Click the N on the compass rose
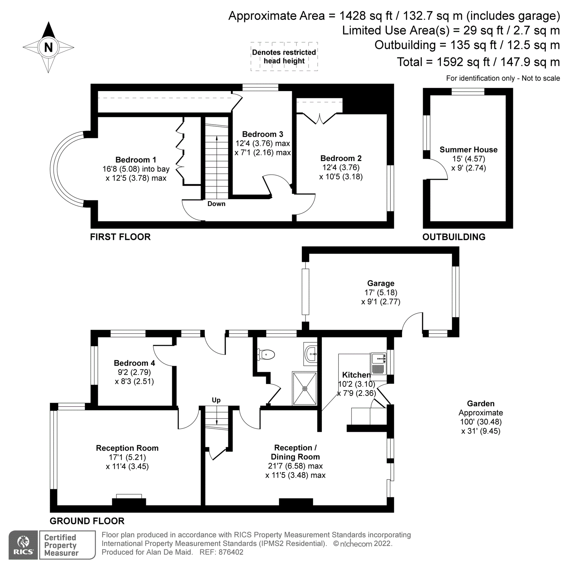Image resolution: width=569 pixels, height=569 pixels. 48,47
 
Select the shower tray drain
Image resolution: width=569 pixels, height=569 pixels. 305,389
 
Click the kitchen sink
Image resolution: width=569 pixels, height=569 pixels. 378,359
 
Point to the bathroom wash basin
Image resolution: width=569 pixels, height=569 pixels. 311,353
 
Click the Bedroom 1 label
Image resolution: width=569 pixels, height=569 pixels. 136,160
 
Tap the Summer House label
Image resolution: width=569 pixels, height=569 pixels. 468,150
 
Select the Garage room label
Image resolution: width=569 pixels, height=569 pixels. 381,283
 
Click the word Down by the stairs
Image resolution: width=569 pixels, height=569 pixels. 216,204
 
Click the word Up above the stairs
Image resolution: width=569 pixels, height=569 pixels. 216,400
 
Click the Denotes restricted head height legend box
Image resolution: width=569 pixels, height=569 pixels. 284,57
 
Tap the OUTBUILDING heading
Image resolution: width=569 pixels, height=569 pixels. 454,237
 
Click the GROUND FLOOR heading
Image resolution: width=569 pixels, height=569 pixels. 87,521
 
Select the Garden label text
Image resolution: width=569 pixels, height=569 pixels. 480,404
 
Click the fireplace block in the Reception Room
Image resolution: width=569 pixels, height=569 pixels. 129,502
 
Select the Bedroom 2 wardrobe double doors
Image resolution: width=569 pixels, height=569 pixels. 319,119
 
